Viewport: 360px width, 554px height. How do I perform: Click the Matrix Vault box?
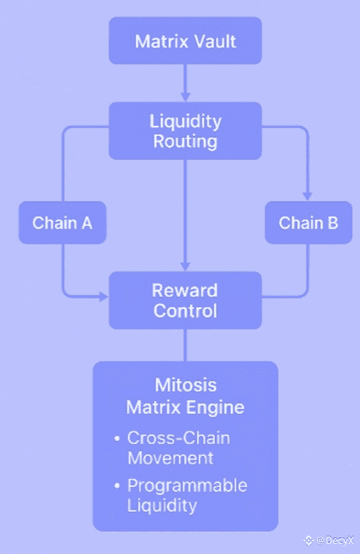tap(186, 41)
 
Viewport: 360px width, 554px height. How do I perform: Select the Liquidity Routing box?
tap(186, 131)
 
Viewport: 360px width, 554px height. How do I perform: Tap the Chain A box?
tap(63, 223)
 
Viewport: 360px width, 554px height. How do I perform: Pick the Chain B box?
tap(308, 223)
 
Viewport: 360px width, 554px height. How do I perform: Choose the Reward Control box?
tap(186, 300)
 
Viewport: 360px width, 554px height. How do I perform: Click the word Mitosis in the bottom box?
tap(186, 384)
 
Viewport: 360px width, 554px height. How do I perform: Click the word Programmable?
tap(187, 486)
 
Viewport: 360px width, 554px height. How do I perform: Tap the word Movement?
tap(170, 458)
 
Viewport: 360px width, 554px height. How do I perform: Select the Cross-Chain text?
tap(178, 438)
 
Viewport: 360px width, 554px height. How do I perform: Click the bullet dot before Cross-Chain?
tap(117, 439)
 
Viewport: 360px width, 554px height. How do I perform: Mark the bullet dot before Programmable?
tap(117, 486)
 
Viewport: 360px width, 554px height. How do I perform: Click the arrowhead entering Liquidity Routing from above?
tap(186, 98)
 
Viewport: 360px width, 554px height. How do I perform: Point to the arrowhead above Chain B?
tap(307, 197)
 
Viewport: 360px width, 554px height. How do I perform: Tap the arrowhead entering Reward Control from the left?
tap(104, 297)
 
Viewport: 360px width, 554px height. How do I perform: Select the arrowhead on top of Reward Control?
tap(186, 267)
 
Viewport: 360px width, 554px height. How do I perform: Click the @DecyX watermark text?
tap(335, 540)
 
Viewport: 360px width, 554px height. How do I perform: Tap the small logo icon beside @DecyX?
tap(309, 540)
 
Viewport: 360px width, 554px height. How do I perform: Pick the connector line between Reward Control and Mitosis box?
tap(186, 345)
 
